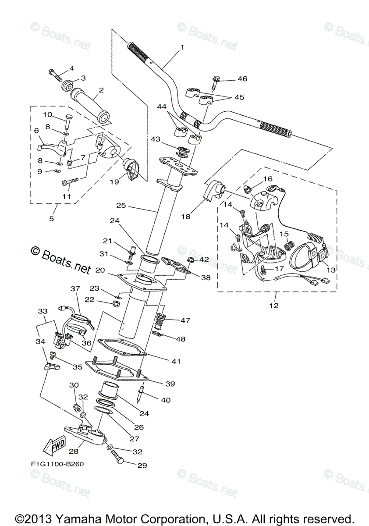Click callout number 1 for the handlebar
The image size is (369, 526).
coord(181,47)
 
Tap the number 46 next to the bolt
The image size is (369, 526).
coord(242,79)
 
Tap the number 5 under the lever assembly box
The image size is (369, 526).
coord(51,218)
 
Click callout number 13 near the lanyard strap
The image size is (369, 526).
coord(330,270)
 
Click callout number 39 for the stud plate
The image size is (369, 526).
coord(170,384)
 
